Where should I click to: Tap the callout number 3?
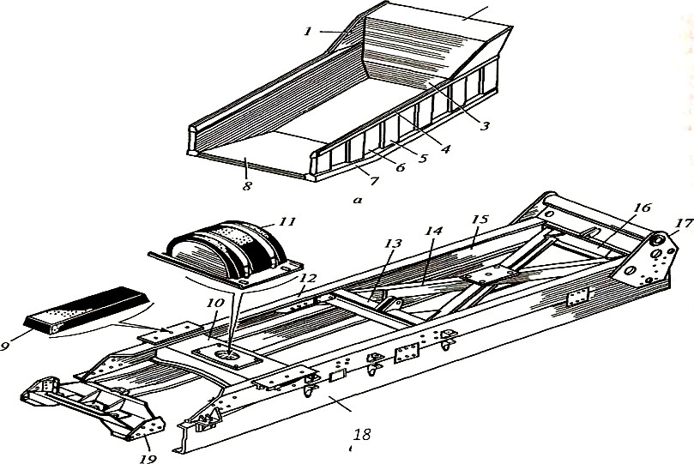coord(485,126)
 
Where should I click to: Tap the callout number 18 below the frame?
coord(361,435)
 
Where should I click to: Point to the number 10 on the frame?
coord(216,304)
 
